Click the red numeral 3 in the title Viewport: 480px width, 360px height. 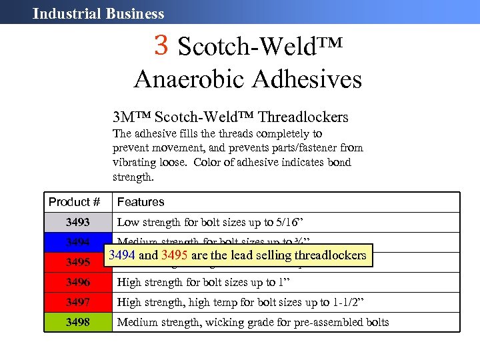pos(161,45)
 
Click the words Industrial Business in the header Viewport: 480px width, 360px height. pos(98,13)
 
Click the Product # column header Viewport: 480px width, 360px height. pos(74,202)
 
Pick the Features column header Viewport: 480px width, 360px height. pos(141,202)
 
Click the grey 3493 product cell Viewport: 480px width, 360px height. pos(77,223)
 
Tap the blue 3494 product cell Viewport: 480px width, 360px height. pos(77,241)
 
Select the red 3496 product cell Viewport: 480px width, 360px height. pos(77,283)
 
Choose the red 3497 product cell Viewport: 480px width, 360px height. pos(77,303)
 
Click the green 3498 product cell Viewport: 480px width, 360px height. pos(77,323)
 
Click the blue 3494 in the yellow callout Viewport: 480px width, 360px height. pos(122,255)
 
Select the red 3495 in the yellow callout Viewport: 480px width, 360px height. pos(175,255)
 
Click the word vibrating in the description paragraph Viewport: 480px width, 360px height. pos(135,162)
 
